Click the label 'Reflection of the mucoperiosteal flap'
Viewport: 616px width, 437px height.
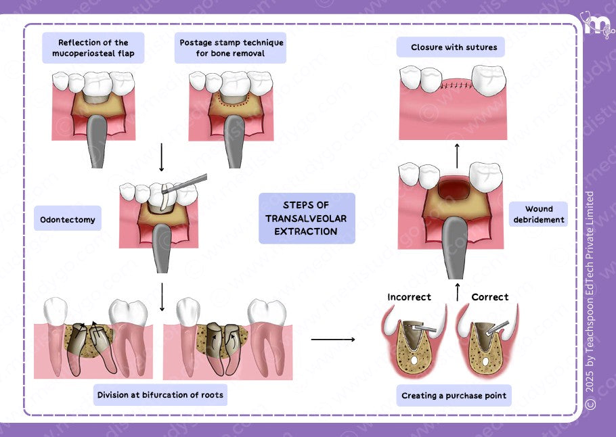pos(93,48)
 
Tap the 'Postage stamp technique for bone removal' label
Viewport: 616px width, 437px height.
pos(231,48)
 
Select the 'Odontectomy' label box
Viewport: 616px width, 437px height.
pos(68,219)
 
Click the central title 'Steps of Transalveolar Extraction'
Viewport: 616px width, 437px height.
pos(307,218)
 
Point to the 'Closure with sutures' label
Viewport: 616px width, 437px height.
pos(454,47)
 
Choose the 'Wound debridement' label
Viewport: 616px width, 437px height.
pos(539,214)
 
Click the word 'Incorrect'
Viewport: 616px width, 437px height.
pos(409,297)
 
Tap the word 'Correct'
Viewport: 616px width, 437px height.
pos(489,297)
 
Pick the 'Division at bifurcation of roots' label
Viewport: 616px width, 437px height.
pos(160,395)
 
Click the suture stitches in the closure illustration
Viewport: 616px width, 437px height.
pos(454,87)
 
